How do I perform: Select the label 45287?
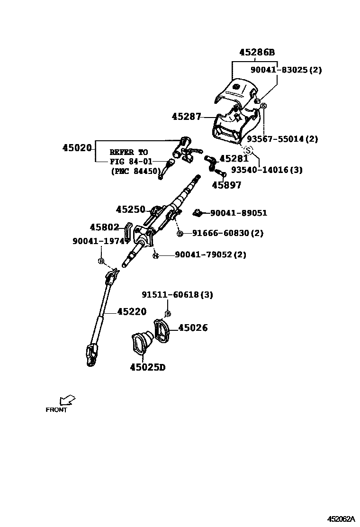(186, 116)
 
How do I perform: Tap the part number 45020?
(76, 148)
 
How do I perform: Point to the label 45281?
(234, 159)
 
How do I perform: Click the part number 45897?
(226, 185)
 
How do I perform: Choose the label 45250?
(130, 209)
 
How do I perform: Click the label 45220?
(132, 311)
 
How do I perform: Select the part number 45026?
(193, 327)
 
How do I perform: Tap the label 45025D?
(148, 367)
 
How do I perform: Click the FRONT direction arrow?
(67, 400)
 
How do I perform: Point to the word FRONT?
(56, 410)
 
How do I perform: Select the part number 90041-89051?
(238, 213)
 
